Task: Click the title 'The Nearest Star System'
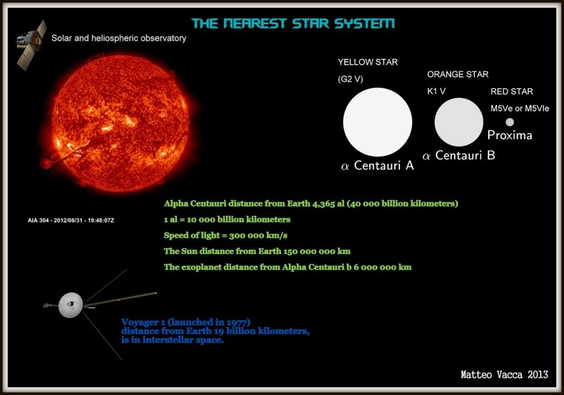point(293,24)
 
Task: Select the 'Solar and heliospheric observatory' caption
point(118,39)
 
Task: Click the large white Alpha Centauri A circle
point(377,122)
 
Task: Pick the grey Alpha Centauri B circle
point(458,122)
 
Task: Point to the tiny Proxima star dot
point(509,122)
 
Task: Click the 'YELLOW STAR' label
point(367,62)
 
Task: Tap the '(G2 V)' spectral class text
point(350,79)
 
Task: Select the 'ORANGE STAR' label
point(457,74)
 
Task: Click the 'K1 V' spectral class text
point(436,91)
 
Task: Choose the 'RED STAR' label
point(512,91)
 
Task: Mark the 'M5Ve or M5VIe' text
point(519,109)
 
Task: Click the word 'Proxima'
point(509,136)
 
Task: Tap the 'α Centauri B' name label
point(458,156)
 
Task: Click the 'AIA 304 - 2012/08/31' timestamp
point(70,220)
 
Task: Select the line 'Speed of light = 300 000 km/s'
point(226,235)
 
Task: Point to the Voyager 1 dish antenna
point(70,305)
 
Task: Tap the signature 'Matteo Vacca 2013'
point(504,375)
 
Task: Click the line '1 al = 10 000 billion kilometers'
point(227,219)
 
